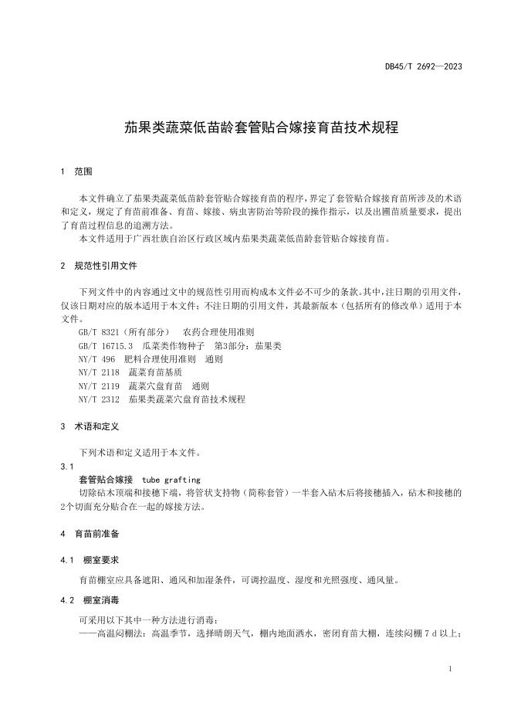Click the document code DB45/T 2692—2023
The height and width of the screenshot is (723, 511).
(x=424, y=66)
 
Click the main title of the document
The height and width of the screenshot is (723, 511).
(x=261, y=127)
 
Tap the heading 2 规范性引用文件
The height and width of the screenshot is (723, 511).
(x=98, y=265)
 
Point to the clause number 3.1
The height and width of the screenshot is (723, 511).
(x=66, y=467)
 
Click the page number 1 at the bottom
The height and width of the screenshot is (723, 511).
(x=449, y=668)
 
